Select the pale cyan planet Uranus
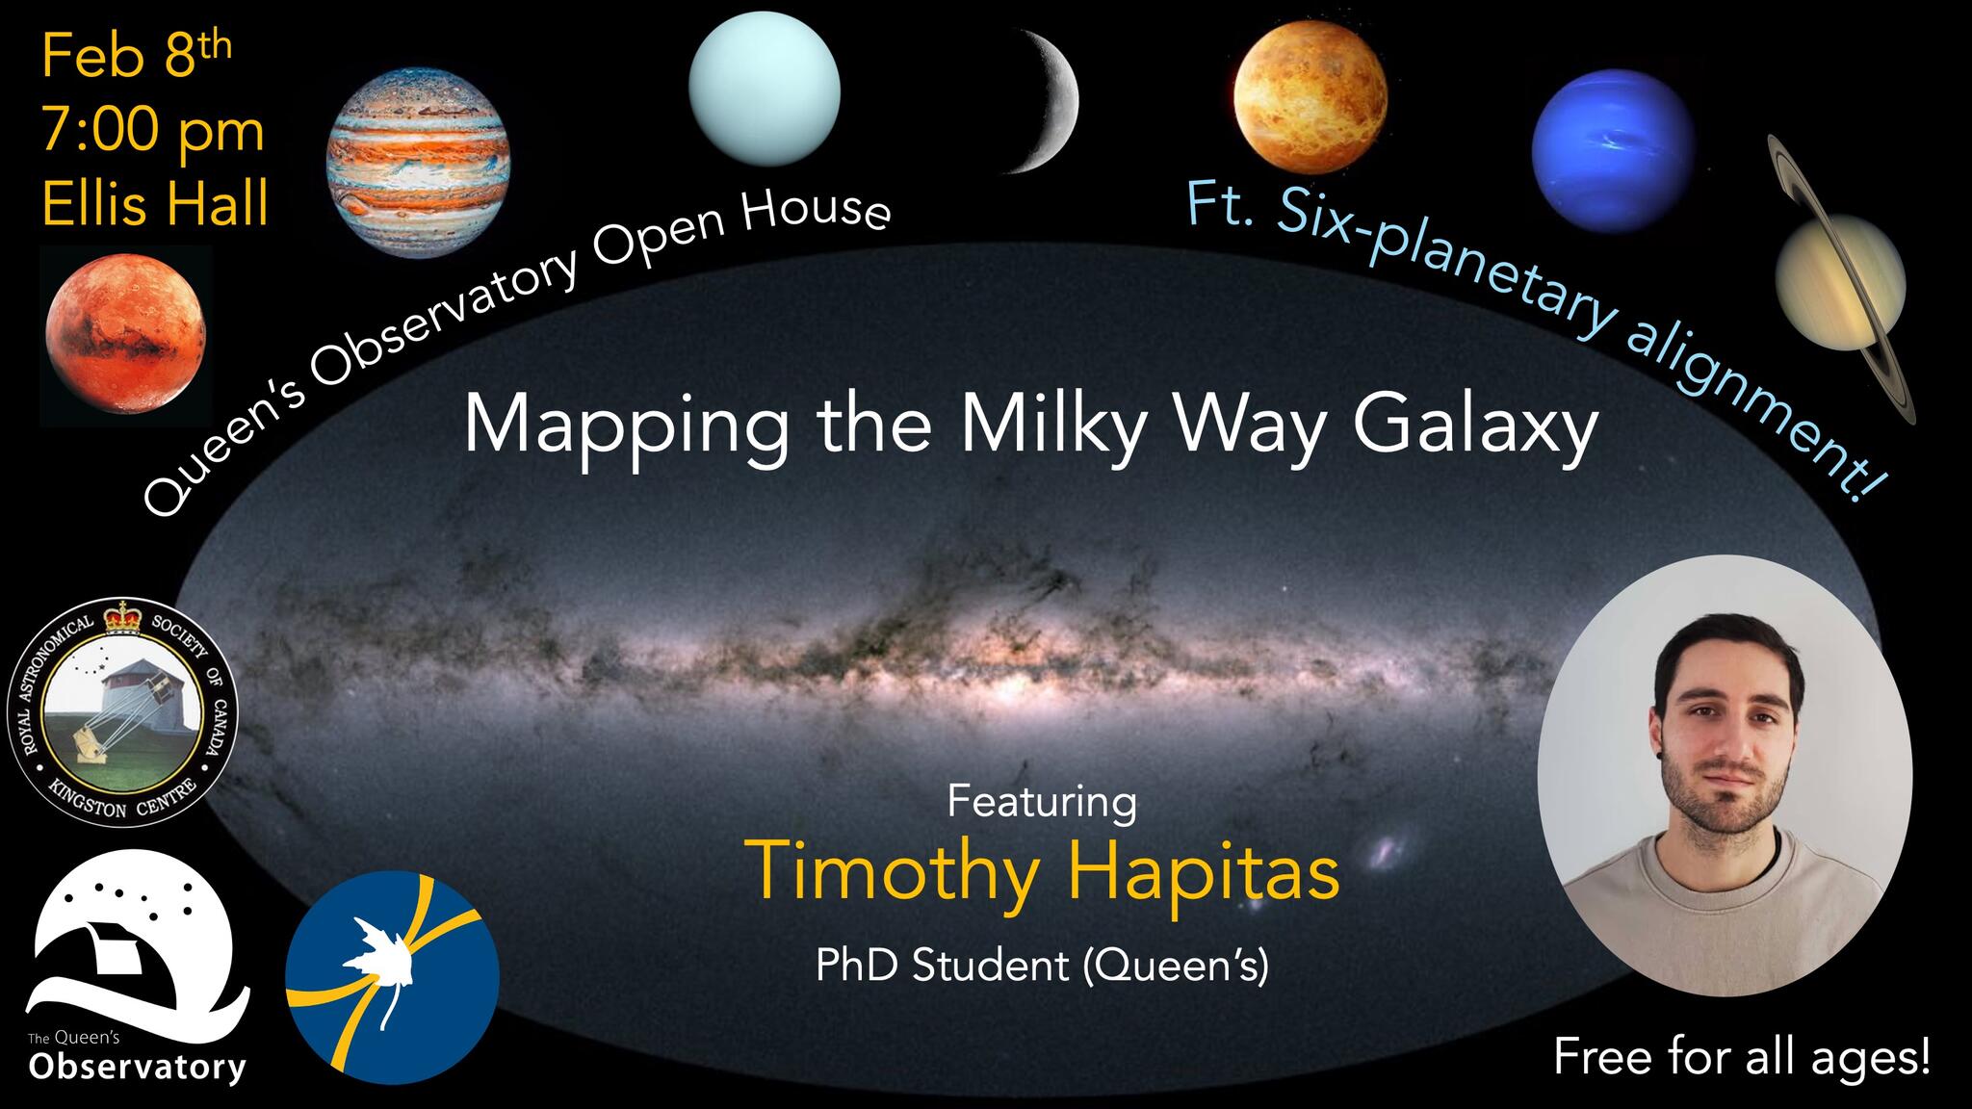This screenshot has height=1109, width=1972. [765, 89]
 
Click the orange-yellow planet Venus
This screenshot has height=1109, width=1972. [1310, 100]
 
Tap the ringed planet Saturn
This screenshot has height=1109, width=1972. [1841, 279]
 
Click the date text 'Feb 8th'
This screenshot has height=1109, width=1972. [137, 59]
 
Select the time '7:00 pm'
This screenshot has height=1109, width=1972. [152, 131]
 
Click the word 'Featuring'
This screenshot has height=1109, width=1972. [1042, 801]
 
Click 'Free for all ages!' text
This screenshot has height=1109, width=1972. [1742, 1057]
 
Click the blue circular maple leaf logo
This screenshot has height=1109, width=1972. [393, 977]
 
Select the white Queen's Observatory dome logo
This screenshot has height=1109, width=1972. [137, 965]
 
